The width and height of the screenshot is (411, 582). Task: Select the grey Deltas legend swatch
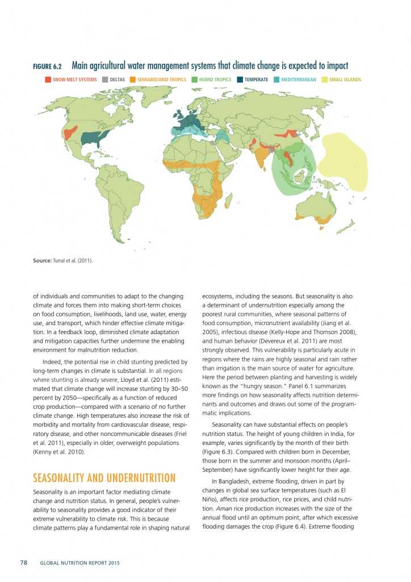point(105,80)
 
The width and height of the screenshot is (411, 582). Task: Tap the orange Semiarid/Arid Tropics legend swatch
point(133,80)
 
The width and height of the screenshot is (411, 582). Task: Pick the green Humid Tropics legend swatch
point(194,80)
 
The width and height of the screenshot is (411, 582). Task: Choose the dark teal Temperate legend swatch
point(240,80)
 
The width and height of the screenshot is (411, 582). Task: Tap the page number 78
point(24,563)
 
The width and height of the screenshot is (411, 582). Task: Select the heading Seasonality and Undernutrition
point(104,477)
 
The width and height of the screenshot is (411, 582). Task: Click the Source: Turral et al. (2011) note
point(63,260)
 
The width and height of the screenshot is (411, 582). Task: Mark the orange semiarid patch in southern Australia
point(325,219)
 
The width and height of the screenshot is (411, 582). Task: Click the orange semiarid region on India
point(261,156)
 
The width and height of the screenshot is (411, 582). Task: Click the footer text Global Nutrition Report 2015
point(79,563)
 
